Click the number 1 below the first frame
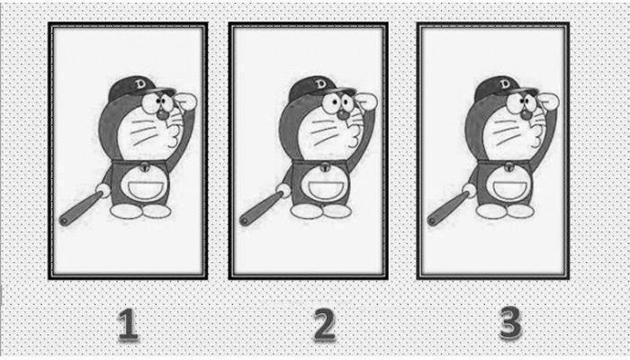coord(128,324)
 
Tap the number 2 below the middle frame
coord(324,324)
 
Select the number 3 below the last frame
coord(510,322)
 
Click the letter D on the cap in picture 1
coord(140,84)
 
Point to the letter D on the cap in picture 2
coord(320,84)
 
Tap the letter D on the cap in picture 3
coord(505,84)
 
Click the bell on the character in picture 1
coord(145,166)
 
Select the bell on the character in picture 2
coord(325,166)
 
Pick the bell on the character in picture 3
coord(509,166)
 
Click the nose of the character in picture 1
coord(162,114)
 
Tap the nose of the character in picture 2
coord(343,114)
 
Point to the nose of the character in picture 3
coord(526,114)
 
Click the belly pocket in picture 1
coord(146,189)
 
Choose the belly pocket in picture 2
coord(326,189)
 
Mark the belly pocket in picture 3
coord(510,189)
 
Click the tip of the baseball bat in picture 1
coord(63,220)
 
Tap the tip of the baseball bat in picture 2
coord(244,220)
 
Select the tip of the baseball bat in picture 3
coord(431,220)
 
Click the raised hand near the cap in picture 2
coord(365,102)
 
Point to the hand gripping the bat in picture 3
coord(469,190)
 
